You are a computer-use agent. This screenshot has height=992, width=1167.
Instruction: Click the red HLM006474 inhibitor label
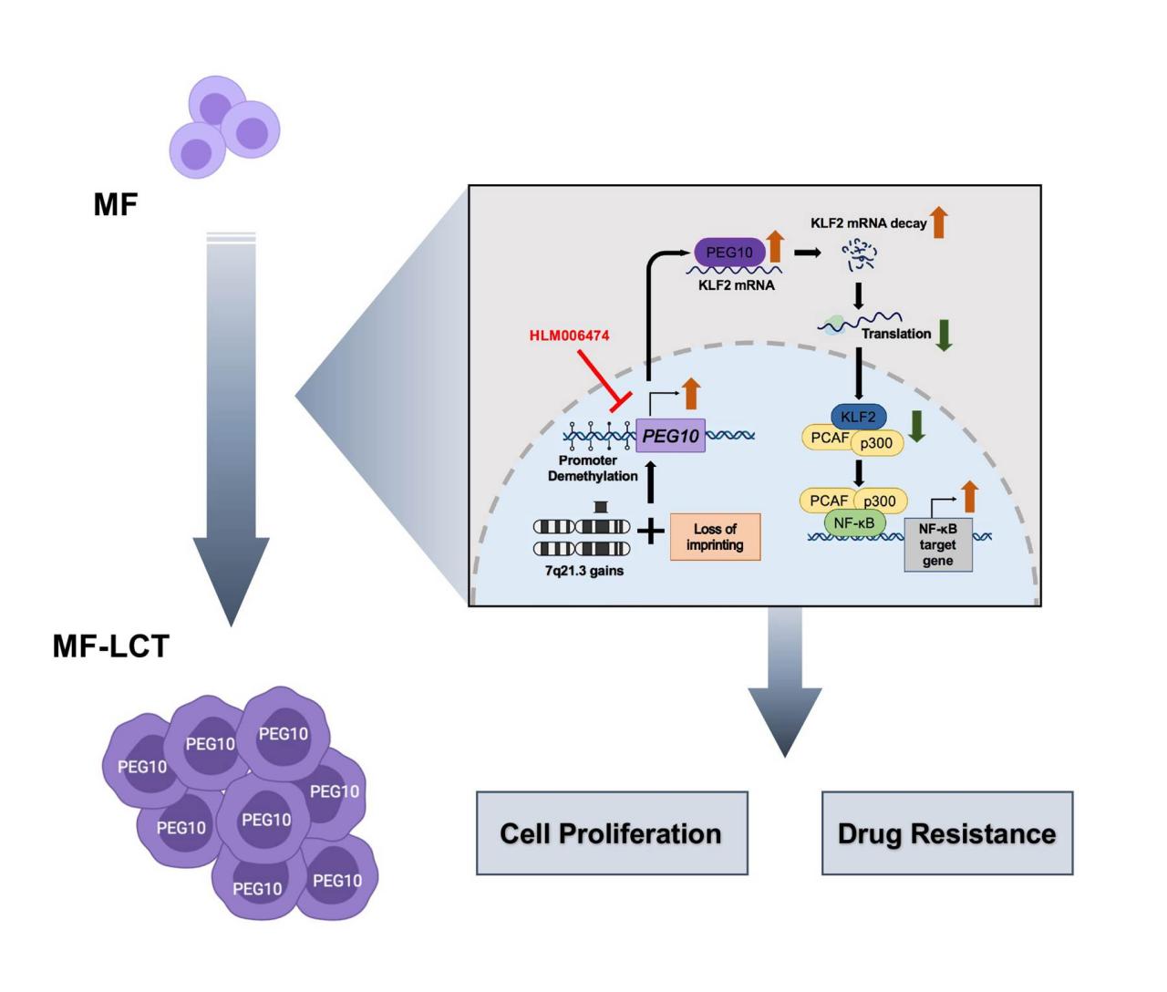[569, 336]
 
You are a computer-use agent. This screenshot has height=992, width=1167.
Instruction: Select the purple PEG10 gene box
[670, 435]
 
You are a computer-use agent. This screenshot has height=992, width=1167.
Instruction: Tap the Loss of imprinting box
[715, 537]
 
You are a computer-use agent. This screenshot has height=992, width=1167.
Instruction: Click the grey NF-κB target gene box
[938, 545]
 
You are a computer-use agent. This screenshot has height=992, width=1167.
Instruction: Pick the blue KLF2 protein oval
[858, 417]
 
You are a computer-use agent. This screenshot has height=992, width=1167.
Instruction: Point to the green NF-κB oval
[854, 522]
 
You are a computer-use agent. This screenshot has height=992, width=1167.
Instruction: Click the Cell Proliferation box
[612, 833]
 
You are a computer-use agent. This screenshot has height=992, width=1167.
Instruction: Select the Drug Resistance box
[946, 833]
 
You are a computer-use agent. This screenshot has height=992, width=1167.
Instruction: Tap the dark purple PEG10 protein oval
[729, 252]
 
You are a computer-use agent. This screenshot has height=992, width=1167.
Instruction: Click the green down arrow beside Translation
[944, 336]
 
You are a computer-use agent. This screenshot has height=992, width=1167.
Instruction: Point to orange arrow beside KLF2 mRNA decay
[939, 222]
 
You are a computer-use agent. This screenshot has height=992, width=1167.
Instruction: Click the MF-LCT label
[110, 646]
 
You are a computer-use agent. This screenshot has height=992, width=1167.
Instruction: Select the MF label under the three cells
[116, 204]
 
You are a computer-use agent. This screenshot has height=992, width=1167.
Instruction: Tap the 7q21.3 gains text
[584, 571]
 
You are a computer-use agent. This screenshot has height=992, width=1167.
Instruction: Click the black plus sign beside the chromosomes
[650, 531]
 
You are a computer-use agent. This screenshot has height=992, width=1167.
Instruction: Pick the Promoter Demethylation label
[593, 468]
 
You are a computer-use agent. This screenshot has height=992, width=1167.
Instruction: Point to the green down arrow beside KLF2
[916, 427]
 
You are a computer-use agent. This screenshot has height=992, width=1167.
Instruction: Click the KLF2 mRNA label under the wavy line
[737, 285]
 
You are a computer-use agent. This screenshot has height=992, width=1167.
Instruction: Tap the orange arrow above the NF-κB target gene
[970, 497]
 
